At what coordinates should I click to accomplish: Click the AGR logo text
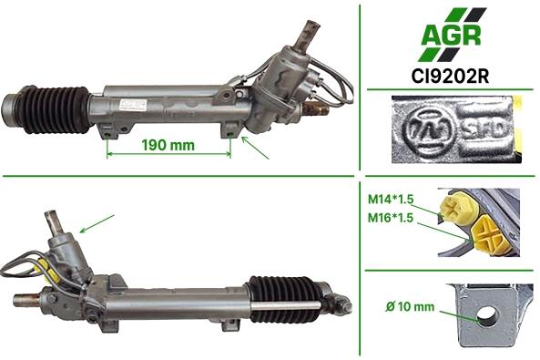(451, 35)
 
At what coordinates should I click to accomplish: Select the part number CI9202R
(450, 77)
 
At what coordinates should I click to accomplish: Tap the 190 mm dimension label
(168, 145)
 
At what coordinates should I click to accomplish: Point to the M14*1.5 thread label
(391, 199)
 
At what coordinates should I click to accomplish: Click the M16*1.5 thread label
(391, 218)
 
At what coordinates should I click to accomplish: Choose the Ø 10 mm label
(410, 306)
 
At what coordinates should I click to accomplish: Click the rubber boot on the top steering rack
(56, 109)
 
